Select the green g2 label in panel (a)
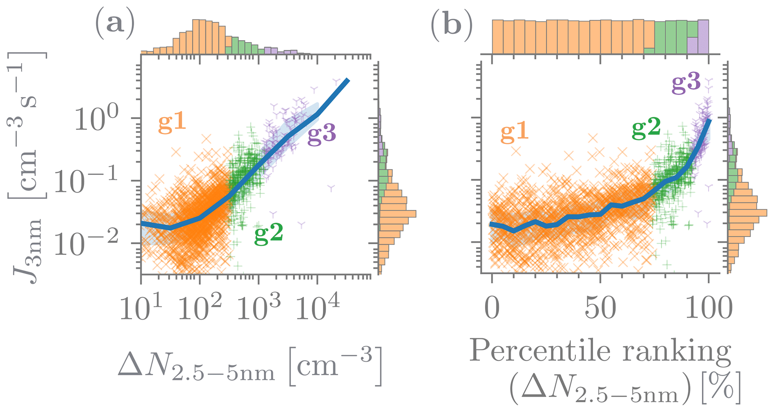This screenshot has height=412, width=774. tap(268, 234)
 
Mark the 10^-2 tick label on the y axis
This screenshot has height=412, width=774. tap(85, 244)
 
